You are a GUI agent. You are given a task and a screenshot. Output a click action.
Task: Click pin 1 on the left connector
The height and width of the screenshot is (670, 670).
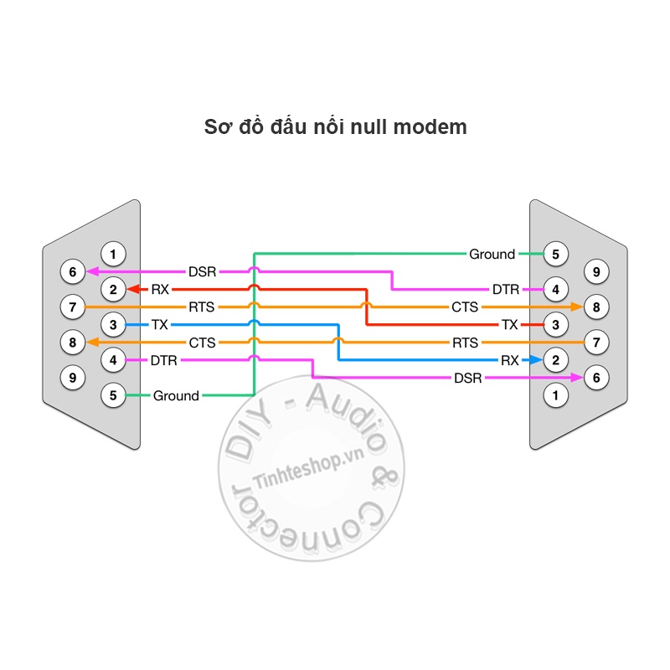click(113, 255)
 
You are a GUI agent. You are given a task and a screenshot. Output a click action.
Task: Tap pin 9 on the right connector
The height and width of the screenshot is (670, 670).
click(596, 271)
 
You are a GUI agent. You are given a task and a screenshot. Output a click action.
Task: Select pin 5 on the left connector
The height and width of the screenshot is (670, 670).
click(113, 395)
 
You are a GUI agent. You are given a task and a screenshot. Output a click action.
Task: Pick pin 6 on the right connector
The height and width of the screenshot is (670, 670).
click(596, 378)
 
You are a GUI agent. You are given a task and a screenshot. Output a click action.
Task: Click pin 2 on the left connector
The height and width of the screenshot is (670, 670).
click(113, 289)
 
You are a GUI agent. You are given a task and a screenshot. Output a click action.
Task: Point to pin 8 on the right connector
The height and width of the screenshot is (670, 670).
click(596, 307)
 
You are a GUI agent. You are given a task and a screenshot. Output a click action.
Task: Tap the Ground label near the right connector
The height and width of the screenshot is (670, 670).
click(492, 255)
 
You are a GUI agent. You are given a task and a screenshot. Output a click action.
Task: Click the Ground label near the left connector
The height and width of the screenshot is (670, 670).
click(176, 395)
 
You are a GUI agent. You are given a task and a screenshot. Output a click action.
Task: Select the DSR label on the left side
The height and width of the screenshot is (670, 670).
click(202, 271)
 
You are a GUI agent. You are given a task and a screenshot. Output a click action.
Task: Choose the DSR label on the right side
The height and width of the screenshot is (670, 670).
click(468, 378)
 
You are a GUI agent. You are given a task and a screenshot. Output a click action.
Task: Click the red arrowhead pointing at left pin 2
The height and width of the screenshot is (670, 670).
click(133, 289)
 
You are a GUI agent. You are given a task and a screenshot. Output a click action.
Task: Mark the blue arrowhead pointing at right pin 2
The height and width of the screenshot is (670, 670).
click(536, 360)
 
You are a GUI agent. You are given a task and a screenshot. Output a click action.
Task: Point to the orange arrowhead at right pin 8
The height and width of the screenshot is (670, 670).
click(576, 307)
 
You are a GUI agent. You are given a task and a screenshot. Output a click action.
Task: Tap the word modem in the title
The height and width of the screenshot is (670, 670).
click(430, 127)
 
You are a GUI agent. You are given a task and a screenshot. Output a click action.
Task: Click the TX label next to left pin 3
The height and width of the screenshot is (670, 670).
click(160, 325)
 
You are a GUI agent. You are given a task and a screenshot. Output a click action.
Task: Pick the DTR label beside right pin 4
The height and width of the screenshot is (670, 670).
click(506, 289)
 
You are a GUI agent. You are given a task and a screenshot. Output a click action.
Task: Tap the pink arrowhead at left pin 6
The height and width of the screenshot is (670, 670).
click(93, 271)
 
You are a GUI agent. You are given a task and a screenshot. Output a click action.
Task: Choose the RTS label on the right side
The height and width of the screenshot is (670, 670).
click(466, 343)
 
